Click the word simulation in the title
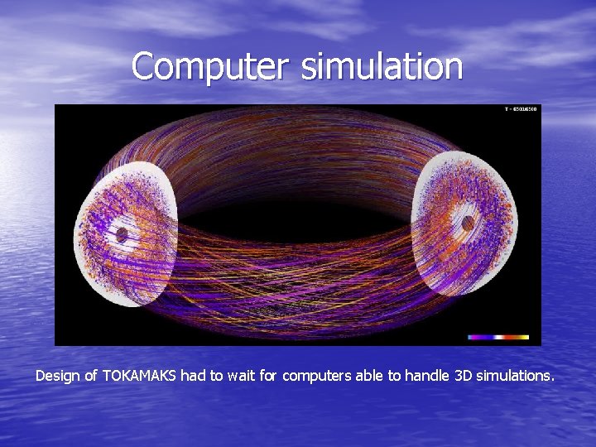click(x=382, y=66)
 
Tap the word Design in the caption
click(x=55, y=376)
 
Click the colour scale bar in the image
click(x=498, y=337)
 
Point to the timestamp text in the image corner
click(x=521, y=109)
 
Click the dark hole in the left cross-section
click(x=122, y=235)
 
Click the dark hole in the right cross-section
click(x=468, y=223)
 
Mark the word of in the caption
click(x=89, y=376)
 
